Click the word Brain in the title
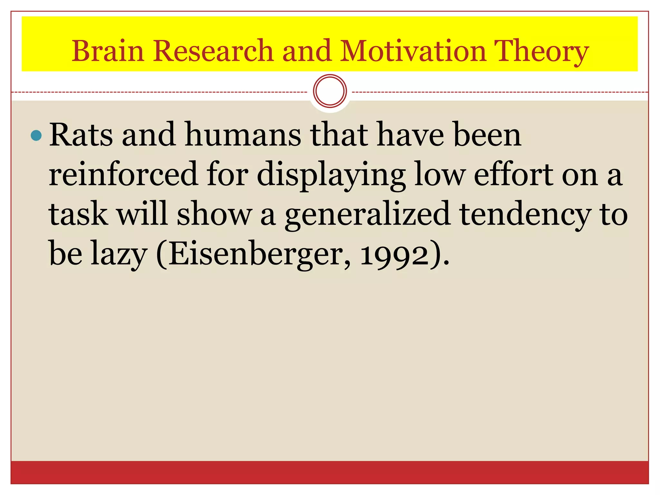[x=108, y=51]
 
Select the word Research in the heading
[x=213, y=51]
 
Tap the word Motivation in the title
[x=412, y=51]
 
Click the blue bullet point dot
[x=36, y=136]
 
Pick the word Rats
[x=81, y=135]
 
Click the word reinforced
[x=123, y=174]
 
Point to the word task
[x=78, y=214]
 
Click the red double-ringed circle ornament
[x=330, y=91]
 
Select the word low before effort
[x=440, y=174]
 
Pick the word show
[x=214, y=214]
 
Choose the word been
[x=487, y=135]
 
